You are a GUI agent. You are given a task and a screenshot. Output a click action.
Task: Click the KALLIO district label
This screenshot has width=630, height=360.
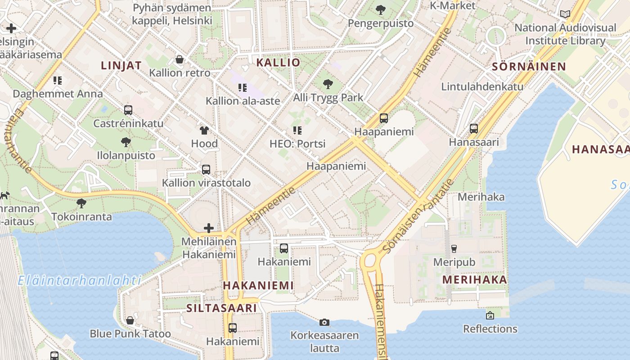278,63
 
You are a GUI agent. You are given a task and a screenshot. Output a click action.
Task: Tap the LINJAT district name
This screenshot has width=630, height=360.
121,65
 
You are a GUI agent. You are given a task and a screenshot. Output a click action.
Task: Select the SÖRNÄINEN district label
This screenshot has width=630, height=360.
529,67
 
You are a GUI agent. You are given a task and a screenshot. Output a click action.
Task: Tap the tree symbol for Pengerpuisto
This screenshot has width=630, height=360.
381,9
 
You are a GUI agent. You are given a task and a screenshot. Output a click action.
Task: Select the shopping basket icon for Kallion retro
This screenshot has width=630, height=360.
180,59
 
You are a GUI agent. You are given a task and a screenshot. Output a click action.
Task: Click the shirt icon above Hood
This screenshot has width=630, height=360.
204,130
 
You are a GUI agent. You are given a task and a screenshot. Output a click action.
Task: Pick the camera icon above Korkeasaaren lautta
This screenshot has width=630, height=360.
324,322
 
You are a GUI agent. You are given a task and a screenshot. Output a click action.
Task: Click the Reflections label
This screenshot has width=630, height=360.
490,329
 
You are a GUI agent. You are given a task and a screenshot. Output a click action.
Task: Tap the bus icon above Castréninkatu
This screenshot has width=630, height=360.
128,110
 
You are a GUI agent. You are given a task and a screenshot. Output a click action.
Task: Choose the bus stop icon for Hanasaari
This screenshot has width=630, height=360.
474,129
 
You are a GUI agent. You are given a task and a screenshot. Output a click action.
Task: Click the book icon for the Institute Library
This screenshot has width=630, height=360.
565,14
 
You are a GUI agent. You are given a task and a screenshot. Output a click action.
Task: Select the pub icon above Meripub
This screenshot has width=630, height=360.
454,249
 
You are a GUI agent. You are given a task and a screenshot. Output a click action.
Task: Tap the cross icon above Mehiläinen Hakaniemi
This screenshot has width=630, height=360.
209,228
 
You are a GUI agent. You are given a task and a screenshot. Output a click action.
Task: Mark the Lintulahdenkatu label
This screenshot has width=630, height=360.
482,86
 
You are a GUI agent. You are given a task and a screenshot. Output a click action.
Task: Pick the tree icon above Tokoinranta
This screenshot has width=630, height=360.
81,203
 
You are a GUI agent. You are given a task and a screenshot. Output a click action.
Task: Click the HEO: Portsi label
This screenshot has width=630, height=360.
297,144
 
